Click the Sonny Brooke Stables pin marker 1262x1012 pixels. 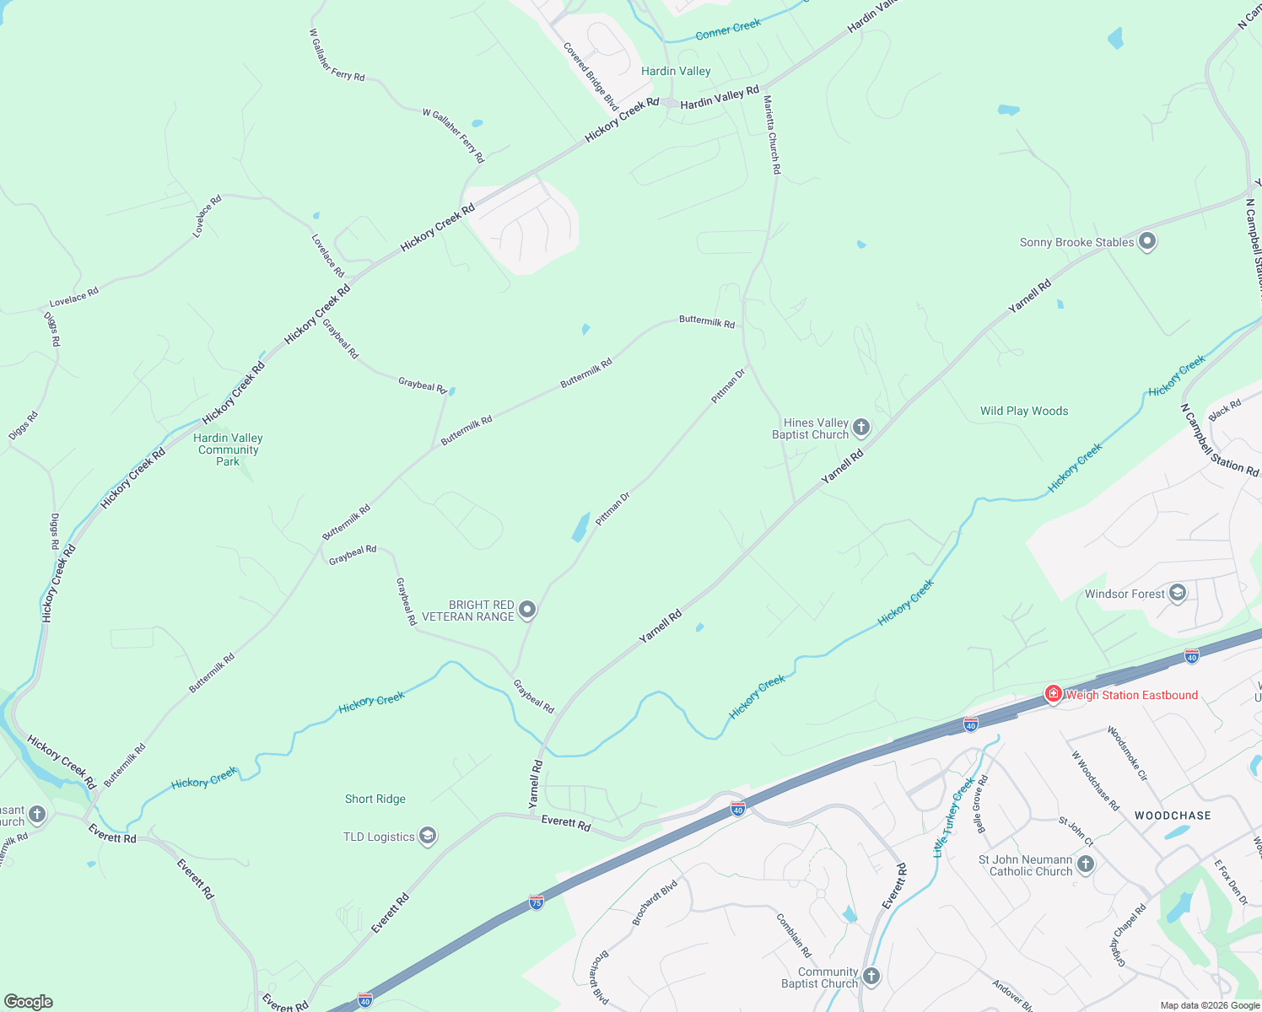click(1146, 242)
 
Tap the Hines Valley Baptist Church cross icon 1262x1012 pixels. click(860, 428)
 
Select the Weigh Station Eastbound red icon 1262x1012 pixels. click(1053, 695)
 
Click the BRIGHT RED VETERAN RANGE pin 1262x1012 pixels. click(527, 610)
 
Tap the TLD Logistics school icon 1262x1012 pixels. click(427, 836)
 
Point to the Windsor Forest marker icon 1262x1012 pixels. click(1178, 594)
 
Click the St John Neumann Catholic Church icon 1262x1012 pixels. click(1086, 864)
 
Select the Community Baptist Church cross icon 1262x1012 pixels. click(871, 977)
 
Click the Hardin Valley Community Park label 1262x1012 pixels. click(228, 449)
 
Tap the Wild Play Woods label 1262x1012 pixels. click(1024, 411)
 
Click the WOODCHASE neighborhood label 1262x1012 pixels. click(1173, 816)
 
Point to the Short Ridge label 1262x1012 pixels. click(375, 799)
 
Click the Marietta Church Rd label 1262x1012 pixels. click(773, 135)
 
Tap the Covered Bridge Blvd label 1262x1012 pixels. click(591, 76)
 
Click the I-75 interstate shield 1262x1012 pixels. click(537, 902)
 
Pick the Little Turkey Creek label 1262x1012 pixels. click(953, 816)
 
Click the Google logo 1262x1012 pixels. click(28, 1002)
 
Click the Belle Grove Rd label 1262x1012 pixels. click(981, 804)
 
